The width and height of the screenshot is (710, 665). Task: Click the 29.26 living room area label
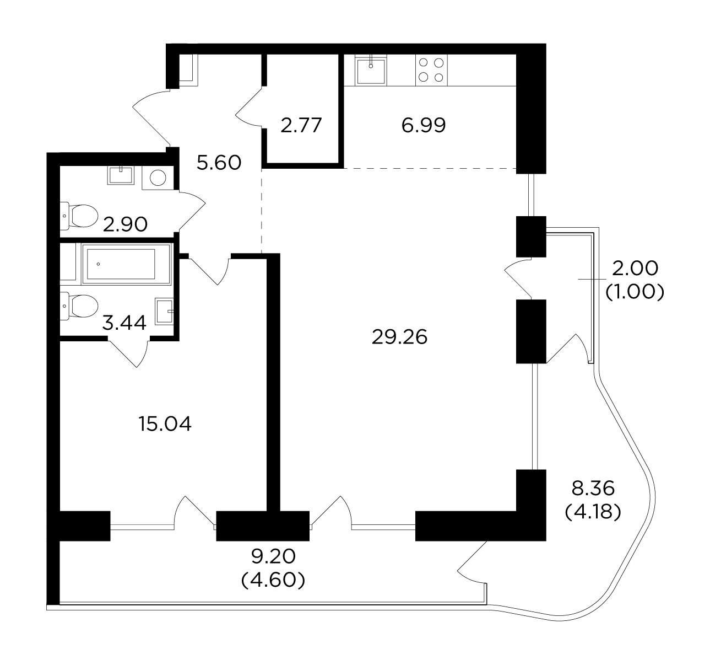pyautogui.click(x=399, y=337)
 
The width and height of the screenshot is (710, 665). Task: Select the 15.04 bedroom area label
pyautogui.click(x=165, y=424)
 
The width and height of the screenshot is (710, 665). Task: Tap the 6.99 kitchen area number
pyautogui.click(x=424, y=125)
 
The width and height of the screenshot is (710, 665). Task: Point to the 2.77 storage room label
pyautogui.click(x=301, y=125)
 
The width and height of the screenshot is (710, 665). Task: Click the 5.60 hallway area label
pyautogui.click(x=219, y=163)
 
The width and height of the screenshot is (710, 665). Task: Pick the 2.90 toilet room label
pyautogui.click(x=125, y=225)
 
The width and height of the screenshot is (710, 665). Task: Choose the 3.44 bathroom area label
pyautogui.click(x=124, y=323)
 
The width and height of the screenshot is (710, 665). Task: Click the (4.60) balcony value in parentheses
pyautogui.click(x=273, y=580)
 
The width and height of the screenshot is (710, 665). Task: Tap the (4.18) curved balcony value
pyautogui.click(x=593, y=512)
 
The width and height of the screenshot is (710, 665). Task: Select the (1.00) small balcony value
pyautogui.click(x=635, y=292)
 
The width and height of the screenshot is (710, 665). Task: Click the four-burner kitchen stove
pyautogui.click(x=431, y=70)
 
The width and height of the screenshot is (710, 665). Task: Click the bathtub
pyautogui.click(x=126, y=264)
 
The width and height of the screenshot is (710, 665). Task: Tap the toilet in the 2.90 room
pyautogui.click(x=79, y=216)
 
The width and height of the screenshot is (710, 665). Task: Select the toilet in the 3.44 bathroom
pyautogui.click(x=79, y=307)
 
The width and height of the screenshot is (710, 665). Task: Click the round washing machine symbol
pyautogui.click(x=158, y=178)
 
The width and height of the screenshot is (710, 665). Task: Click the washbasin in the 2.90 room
pyautogui.click(x=121, y=175)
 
